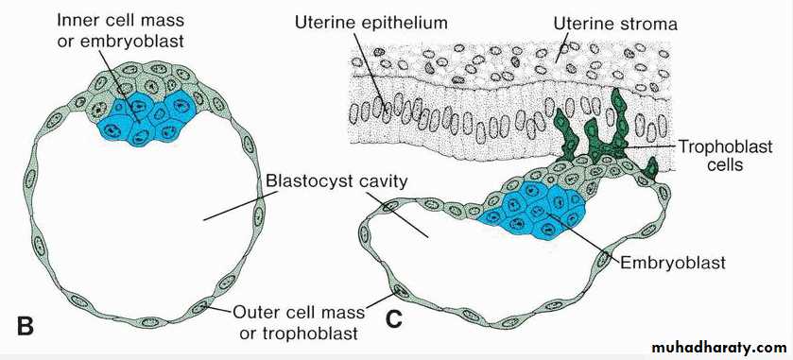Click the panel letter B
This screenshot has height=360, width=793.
25,326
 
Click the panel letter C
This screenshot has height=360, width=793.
394,319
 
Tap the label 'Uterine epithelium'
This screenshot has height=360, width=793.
371,23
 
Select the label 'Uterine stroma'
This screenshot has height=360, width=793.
615,24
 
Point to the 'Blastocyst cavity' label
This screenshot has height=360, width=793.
336,180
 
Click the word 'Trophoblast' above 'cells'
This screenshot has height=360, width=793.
725,146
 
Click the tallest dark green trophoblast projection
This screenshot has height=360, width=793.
618,121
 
